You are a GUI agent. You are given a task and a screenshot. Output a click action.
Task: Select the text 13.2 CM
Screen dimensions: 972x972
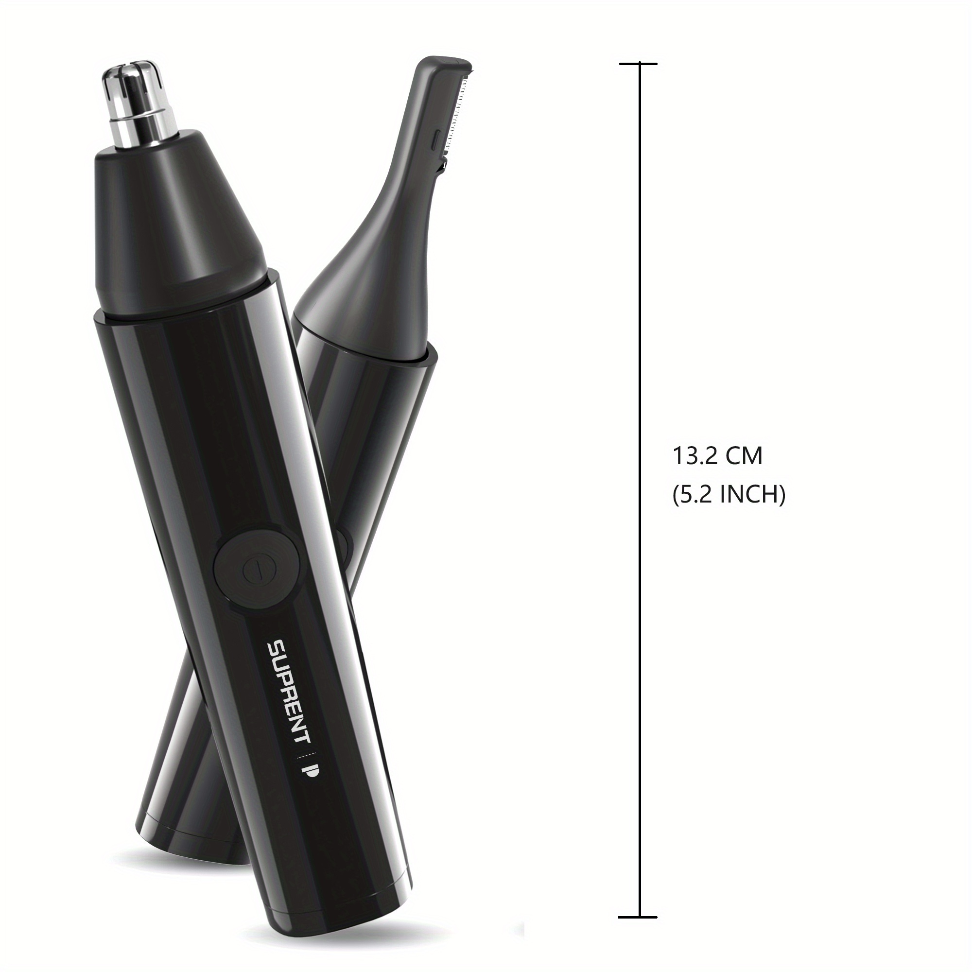pos(717,456)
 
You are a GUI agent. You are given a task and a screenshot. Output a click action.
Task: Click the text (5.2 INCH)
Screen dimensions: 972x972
pos(729,495)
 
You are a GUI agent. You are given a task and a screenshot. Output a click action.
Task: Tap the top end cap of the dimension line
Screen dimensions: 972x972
pos(638,64)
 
